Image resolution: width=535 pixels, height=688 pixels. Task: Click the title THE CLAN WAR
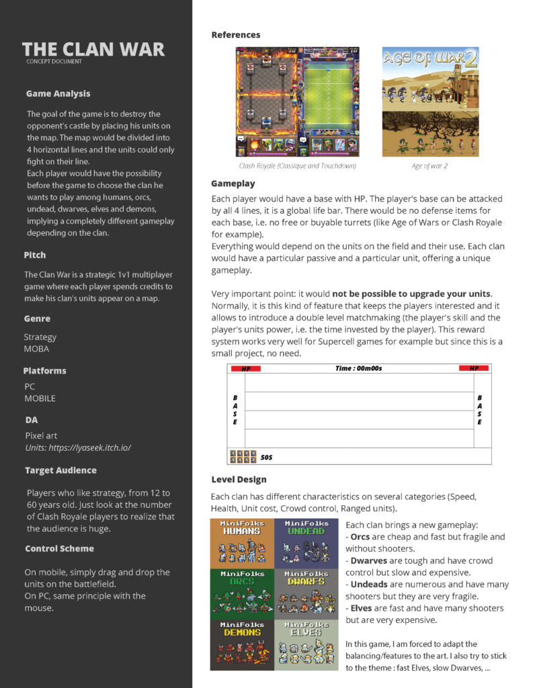click(93, 49)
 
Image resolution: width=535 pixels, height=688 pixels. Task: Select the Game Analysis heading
click(58, 93)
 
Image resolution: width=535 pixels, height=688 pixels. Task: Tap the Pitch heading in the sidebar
click(35, 255)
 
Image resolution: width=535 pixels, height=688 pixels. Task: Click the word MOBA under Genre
click(36, 349)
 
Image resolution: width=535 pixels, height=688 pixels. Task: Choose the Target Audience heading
click(60, 470)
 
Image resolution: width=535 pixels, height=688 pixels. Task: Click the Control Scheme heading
click(59, 548)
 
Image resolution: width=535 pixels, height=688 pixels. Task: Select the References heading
click(235, 35)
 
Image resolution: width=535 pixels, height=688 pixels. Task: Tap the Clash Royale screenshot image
click(297, 101)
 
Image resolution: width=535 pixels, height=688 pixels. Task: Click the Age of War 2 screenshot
click(430, 101)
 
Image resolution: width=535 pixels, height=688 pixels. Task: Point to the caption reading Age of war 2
click(430, 165)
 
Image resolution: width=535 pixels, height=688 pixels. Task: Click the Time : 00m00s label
click(359, 368)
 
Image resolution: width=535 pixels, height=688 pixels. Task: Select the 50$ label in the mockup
click(267, 457)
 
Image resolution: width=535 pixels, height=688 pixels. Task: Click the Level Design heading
click(239, 480)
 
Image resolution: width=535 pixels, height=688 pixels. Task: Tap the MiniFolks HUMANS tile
click(242, 543)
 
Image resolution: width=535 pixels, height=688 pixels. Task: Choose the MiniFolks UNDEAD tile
click(306, 543)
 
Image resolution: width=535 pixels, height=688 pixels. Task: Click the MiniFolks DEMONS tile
click(242, 644)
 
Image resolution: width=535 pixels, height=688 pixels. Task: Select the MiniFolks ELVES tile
click(306, 644)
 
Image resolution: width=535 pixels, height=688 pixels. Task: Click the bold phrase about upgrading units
click(411, 294)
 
